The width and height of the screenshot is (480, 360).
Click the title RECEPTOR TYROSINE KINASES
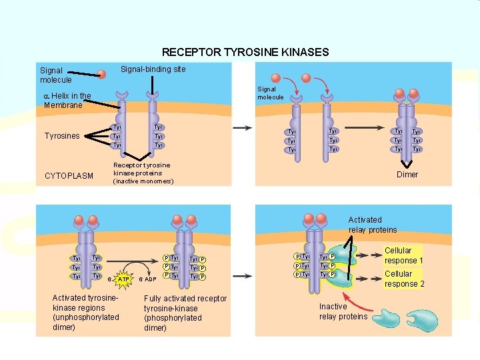click(x=245, y=52)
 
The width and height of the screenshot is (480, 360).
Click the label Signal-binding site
click(x=153, y=69)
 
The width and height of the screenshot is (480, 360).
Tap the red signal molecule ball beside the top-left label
click(x=101, y=75)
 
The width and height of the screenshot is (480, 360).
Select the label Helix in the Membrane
click(x=67, y=101)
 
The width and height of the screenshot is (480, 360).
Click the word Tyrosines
click(x=62, y=136)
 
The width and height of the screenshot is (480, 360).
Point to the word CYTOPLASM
click(x=69, y=176)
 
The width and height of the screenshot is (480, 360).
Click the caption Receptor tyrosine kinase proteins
click(x=142, y=173)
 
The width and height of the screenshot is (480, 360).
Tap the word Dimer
click(x=407, y=175)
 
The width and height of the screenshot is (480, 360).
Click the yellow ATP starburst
click(x=123, y=279)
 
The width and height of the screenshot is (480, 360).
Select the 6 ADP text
click(x=147, y=279)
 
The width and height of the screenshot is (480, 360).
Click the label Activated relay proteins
click(x=372, y=225)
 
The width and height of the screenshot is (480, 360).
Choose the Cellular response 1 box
click(x=404, y=255)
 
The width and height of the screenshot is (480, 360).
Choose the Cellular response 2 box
click(x=404, y=279)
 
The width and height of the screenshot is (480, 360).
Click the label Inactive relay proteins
click(x=343, y=311)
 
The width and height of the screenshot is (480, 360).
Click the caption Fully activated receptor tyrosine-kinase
click(x=185, y=313)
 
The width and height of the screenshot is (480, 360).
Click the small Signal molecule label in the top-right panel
click(x=271, y=93)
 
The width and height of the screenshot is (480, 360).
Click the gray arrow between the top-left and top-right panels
click(x=241, y=127)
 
